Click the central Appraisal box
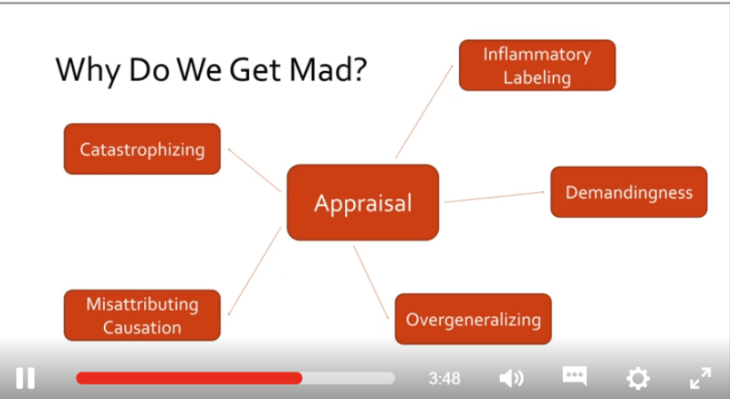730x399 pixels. [x=362, y=202]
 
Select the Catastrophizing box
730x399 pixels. [x=141, y=148]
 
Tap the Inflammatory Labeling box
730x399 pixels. [x=537, y=66]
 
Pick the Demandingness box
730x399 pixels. [x=629, y=192]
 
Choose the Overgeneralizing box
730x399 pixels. [x=473, y=319]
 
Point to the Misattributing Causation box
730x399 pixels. [x=141, y=315]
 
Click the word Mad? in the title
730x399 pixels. [x=318, y=70]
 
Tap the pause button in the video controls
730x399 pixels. [x=26, y=377]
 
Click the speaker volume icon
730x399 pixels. [x=511, y=377]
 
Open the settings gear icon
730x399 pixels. [x=637, y=377]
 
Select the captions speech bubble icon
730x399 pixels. [x=574, y=376]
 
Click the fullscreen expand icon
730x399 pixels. [x=700, y=377]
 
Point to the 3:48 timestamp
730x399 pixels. [x=444, y=377]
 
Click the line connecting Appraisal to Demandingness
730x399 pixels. [x=493, y=197]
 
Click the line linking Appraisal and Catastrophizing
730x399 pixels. [x=254, y=170]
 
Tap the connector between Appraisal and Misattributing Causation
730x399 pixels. [x=254, y=270]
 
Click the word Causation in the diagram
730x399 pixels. [x=141, y=327]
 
